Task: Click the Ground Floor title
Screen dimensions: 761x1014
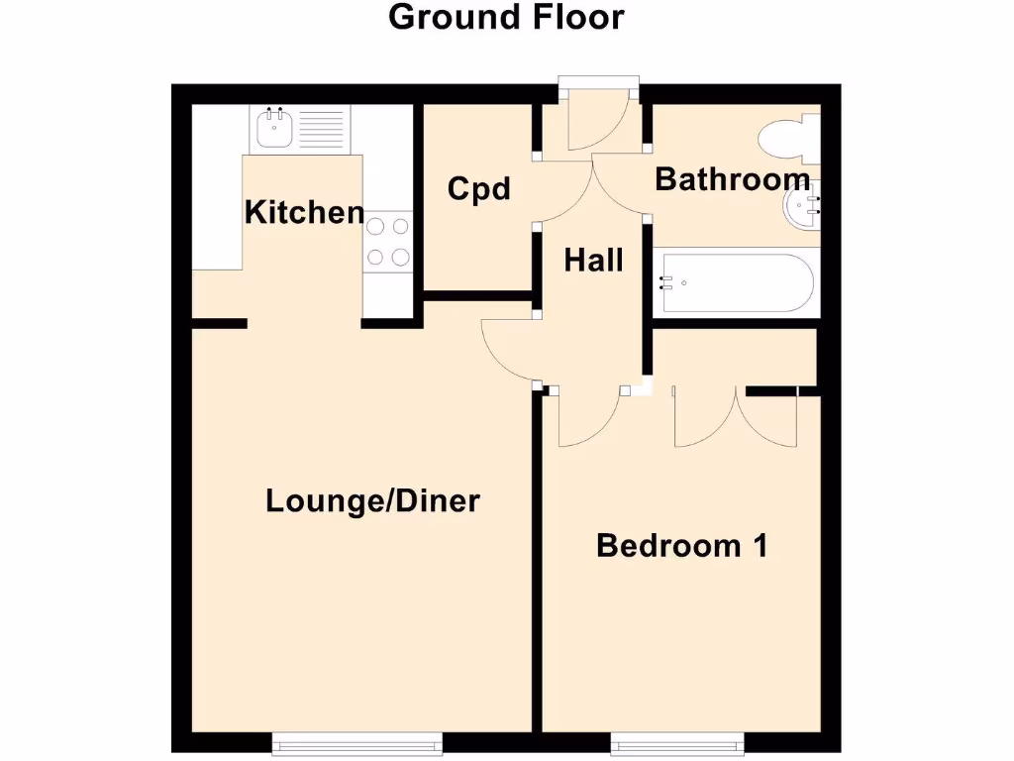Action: (506, 17)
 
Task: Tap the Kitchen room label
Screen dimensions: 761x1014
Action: (304, 212)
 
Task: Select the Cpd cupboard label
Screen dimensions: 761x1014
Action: (478, 188)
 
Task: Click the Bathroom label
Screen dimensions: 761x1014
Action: (732, 179)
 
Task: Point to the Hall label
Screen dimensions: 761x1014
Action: (593, 260)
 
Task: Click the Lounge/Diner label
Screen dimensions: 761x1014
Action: (372, 501)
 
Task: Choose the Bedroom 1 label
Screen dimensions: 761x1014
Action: (681, 545)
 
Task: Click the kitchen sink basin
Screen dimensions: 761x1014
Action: (272, 128)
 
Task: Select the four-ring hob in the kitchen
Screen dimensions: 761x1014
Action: (387, 242)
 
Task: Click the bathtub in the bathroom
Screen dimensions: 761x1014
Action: (735, 283)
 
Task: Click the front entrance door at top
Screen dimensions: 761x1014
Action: (599, 124)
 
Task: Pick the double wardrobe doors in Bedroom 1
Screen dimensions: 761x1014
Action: (735, 416)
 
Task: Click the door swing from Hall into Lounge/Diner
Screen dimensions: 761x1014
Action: (508, 352)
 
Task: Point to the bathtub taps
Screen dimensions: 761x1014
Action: (667, 283)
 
